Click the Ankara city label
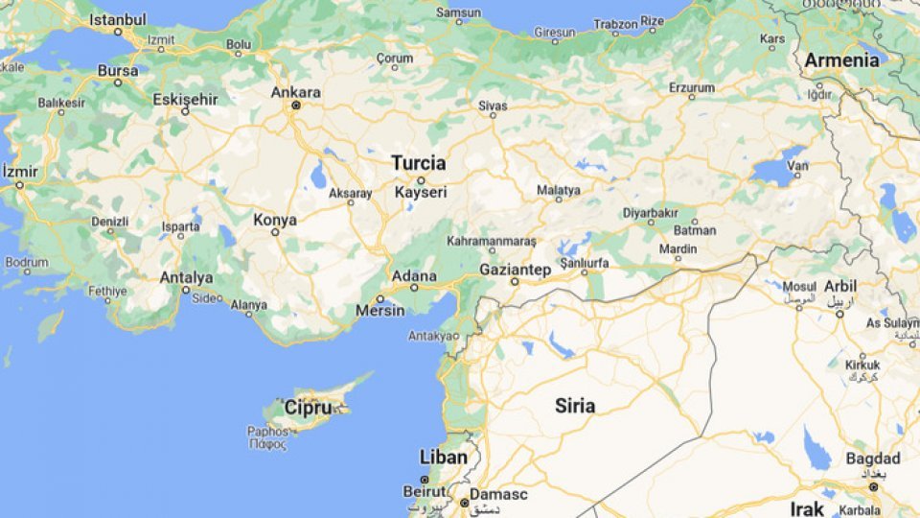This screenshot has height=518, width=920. pyautogui.click(x=295, y=93)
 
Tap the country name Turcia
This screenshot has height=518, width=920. pyautogui.click(x=419, y=163)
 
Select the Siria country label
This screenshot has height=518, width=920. pyautogui.click(x=575, y=406)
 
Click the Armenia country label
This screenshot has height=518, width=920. pyautogui.click(x=841, y=60)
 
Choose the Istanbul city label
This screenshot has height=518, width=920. pyautogui.click(x=117, y=19)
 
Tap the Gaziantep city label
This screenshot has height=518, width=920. pyautogui.click(x=515, y=270)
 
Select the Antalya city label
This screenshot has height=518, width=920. pyautogui.click(x=186, y=277)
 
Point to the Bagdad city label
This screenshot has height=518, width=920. pyautogui.click(x=873, y=459)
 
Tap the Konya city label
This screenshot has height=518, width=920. pyautogui.click(x=274, y=220)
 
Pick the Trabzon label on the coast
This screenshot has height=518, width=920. pyautogui.click(x=615, y=23)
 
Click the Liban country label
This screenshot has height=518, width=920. pyautogui.click(x=444, y=457)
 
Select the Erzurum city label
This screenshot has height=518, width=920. pyautogui.click(x=692, y=87)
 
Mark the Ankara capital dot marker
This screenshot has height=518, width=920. pyautogui.click(x=295, y=106)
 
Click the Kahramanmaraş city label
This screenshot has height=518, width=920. pyautogui.click(x=492, y=241)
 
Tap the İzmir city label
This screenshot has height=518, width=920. pyautogui.click(x=20, y=172)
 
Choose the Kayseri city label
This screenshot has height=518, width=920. pyautogui.click(x=421, y=192)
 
